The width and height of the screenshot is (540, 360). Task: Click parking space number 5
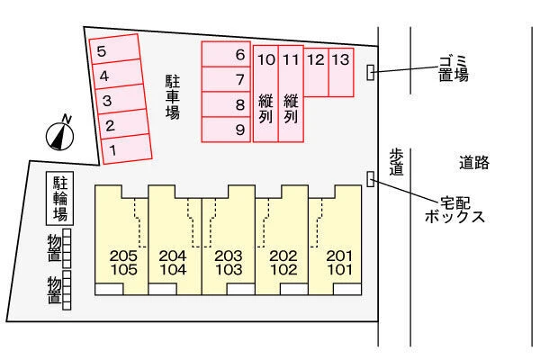click(115, 49)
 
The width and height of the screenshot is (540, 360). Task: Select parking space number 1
click(126, 148)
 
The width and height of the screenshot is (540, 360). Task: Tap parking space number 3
click(121, 99)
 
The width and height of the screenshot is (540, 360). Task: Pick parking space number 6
click(226, 54)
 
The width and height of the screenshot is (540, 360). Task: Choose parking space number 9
click(226, 130)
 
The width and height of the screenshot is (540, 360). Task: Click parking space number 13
click(341, 72)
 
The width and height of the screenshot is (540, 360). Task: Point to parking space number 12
click(316, 72)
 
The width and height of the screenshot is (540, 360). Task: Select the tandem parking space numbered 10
click(265, 94)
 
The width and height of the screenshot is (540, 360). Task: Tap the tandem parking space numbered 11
click(291, 94)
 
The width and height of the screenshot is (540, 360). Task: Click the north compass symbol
click(60, 135)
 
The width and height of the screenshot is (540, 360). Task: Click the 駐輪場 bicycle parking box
click(60, 198)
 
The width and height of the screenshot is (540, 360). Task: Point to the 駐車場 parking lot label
click(173, 97)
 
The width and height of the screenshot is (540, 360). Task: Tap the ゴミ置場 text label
click(454, 68)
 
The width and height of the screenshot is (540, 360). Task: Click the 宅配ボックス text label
click(454, 210)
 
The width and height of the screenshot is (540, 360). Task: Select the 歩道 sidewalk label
click(396, 162)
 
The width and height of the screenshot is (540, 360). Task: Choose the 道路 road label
click(474, 163)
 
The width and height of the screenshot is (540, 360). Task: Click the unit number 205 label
click(123, 256)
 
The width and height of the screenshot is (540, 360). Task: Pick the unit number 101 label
click(339, 270)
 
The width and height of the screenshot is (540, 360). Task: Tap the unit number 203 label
click(229, 256)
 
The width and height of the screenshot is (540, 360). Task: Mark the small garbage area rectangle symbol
click(371, 72)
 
